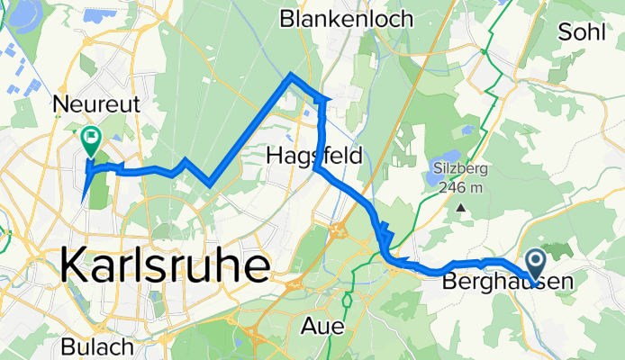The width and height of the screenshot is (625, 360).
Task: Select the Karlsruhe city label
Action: click(166, 267)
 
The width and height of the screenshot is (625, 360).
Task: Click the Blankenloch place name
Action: click(347, 18)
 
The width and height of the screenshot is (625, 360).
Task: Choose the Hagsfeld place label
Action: click(315, 157)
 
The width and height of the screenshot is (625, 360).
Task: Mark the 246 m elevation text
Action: click(460, 188)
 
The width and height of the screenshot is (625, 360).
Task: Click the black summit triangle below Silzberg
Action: click(461, 207)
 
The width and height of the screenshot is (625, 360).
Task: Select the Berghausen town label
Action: click(508, 283)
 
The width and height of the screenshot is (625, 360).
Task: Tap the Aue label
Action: click(324, 327)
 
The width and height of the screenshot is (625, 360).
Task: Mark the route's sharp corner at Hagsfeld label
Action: click(318, 167)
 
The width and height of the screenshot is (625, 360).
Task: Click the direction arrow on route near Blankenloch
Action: click(325, 98)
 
